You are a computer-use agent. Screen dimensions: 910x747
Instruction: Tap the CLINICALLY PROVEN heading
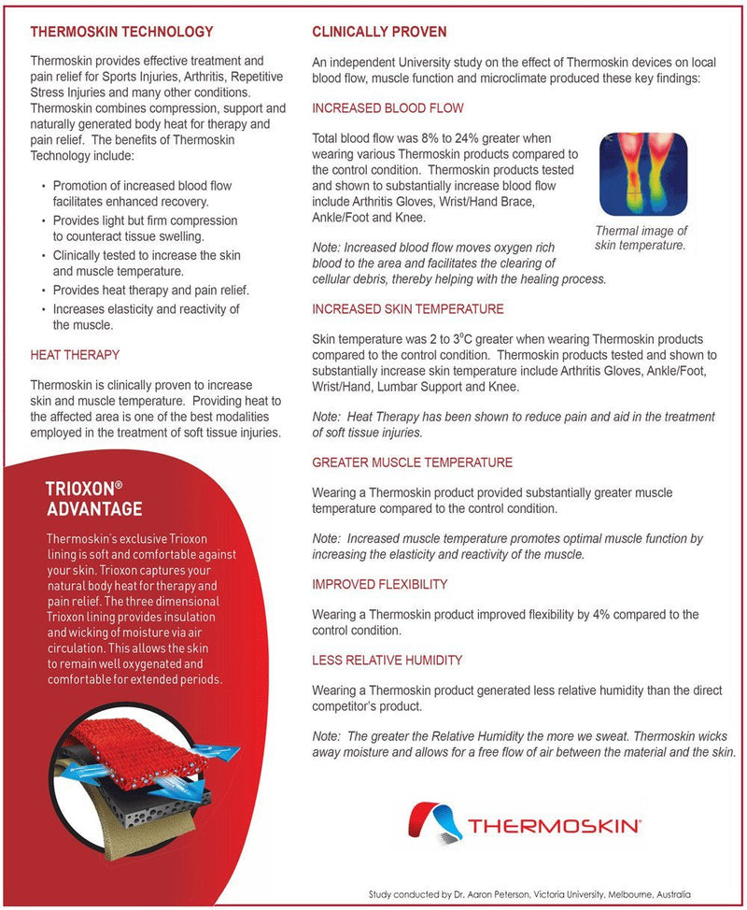(x=379, y=32)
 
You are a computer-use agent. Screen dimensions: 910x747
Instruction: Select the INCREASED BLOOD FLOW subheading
(x=388, y=108)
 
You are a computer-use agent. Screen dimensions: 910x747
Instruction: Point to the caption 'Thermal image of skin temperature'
(x=641, y=238)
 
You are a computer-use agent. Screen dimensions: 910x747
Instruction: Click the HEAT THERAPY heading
(x=75, y=355)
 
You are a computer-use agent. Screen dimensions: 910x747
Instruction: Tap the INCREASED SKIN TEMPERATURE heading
(x=408, y=308)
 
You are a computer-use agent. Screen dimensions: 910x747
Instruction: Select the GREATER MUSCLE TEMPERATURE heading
(x=412, y=462)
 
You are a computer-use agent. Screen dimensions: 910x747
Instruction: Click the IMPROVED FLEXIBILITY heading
(x=379, y=584)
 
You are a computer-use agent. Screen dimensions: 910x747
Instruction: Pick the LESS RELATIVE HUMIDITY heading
(x=387, y=660)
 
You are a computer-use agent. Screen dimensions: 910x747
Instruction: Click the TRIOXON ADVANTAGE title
(x=94, y=499)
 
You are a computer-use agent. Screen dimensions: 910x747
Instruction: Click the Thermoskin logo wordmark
(x=554, y=826)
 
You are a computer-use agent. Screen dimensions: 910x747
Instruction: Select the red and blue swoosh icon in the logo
(x=435, y=822)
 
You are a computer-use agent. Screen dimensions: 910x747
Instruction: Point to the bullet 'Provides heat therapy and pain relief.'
(x=150, y=290)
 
